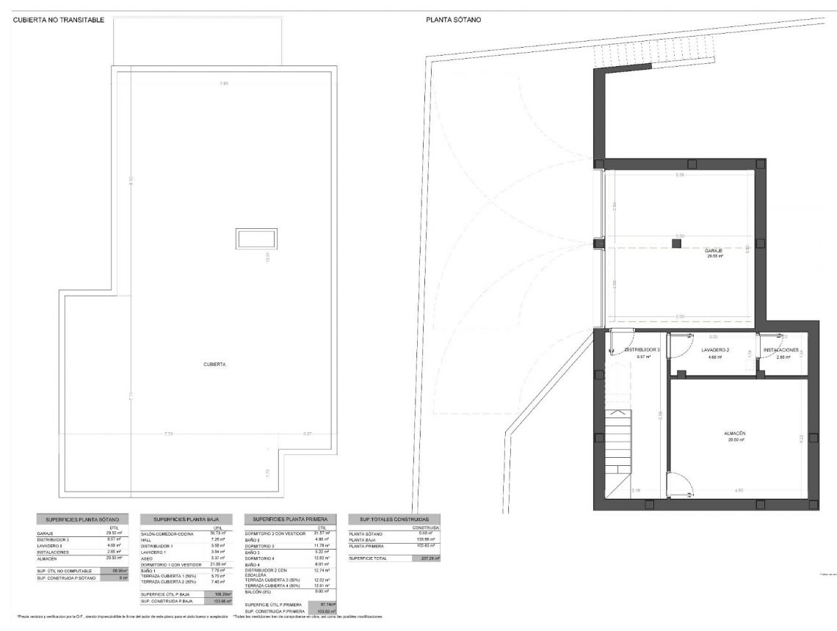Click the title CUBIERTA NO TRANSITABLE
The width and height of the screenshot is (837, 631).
pyautogui.click(x=59, y=21)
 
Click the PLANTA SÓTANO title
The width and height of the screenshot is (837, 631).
pyautogui.click(x=453, y=21)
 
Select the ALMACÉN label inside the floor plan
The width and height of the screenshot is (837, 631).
pyautogui.click(x=734, y=434)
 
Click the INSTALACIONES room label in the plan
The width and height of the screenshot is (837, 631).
pyautogui.click(x=780, y=350)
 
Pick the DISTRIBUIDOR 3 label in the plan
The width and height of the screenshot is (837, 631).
pyautogui.click(x=642, y=350)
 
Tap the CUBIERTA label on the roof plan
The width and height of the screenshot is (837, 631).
pyautogui.click(x=215, y=364)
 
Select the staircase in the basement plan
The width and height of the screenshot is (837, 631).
pyautogui.click(x=618, y=444)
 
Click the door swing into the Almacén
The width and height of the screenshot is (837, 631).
pyautogui.click(x=678, y=484)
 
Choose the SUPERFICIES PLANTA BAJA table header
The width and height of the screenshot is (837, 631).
pyautogui.click(x=186, y=519)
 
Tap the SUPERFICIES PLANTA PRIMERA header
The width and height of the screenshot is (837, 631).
pyautogui.click(x=290, y=519)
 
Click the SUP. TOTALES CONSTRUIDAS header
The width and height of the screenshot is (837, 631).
pyautogui.click(x=394, y=519)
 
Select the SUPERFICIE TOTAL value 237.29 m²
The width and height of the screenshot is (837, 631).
pyautogui.click(x=426, y=558)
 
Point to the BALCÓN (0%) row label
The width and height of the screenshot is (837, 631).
pyautogui.click(x=261, y=591)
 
